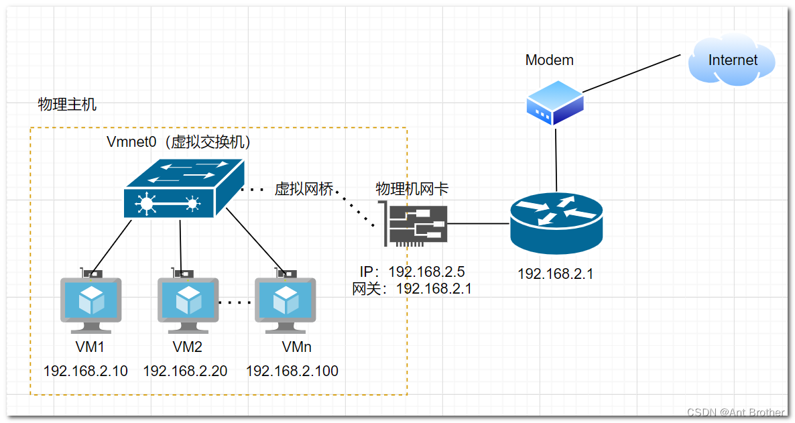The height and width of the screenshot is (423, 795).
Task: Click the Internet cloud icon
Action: pos(732,61)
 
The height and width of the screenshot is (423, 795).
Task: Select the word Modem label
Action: pos(549,60)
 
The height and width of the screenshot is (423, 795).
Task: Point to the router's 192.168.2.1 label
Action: pos(555,274)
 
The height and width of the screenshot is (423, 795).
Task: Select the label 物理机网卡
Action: pos(412,189)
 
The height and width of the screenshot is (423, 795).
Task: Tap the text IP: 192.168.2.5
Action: pos(412,271)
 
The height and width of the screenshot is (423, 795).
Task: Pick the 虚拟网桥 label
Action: pos(304,189)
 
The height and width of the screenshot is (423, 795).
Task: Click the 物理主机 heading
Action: pos(67,105)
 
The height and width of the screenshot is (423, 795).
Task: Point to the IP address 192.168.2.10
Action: pos(85,371)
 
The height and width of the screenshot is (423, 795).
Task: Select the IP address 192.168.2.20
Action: pos(185,371)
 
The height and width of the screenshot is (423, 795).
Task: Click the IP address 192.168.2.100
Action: pos(292,371)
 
